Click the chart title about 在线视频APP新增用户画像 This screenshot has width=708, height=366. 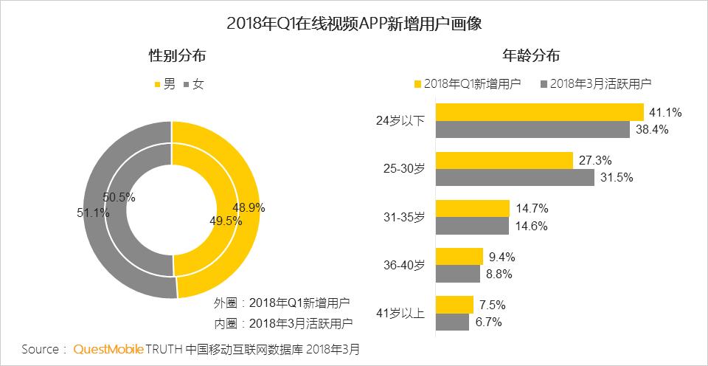354,23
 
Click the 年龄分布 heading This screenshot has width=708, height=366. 530,55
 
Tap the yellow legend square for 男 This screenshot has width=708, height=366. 157,84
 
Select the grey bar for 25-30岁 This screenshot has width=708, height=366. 515,177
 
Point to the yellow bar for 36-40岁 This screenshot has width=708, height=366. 459,257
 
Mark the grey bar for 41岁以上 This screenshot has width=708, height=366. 453,322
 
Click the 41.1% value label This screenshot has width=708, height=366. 665,112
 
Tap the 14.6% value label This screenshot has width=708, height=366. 530,226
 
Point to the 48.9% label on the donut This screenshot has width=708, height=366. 249,207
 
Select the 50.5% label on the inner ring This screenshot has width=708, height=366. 119,198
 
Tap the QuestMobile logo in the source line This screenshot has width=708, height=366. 108,348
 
